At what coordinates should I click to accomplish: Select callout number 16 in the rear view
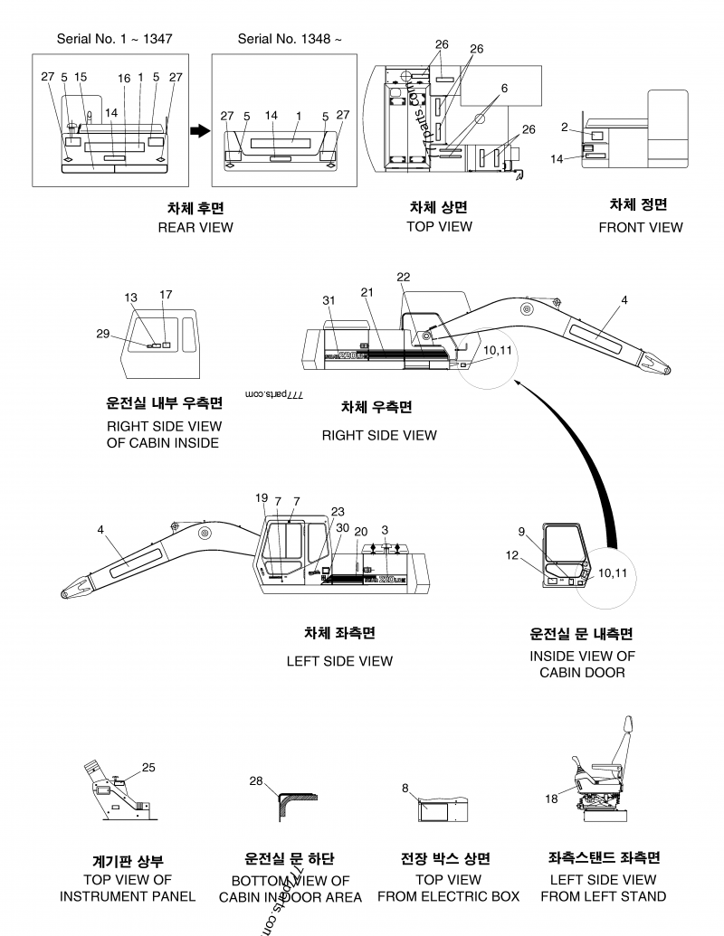(x=124, y=79)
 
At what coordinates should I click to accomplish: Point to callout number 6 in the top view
(x=504, y=88)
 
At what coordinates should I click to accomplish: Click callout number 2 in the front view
(x=564, y=128)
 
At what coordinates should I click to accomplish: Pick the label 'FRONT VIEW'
(x=640, y=227)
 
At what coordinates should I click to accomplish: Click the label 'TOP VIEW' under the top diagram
(x=439, y=226)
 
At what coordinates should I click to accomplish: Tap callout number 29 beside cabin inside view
(x=102, y=334)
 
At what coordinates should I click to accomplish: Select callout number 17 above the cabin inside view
(x=166, y=294)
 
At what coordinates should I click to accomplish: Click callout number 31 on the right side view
(x=329, y=300)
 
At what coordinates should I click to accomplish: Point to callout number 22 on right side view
(x=403, y=277)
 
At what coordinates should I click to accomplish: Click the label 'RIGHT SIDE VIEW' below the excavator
(x=378, y=435)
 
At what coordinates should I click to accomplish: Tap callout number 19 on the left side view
(x=262, y=497)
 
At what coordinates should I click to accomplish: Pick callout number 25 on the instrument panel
(x=148, y=767)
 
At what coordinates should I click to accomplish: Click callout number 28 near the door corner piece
(x=256, y=780)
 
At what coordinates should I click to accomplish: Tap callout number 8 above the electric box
(x=405, y=787)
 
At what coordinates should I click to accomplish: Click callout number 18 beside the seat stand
(x=551, y=799)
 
